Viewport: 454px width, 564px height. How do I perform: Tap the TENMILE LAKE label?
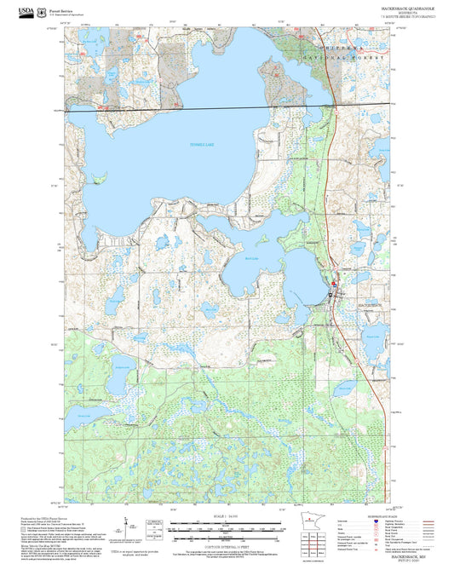click(202, 145)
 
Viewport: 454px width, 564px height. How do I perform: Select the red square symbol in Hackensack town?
click(334, 284)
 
